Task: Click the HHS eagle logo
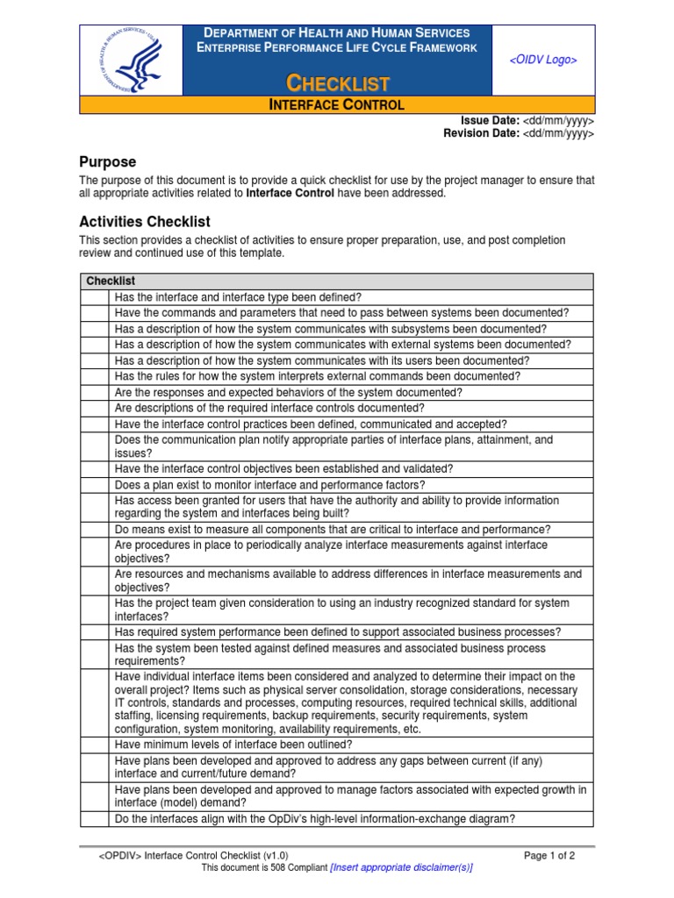[x=131, y=60]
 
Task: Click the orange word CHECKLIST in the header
[x=338, y=83]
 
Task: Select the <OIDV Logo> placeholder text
[x=543, y=60]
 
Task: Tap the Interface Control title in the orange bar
[x=336, y=105]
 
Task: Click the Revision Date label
[x=480, y=133]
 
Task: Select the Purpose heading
[x=108, y=162]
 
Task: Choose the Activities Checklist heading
[x=145, y=222]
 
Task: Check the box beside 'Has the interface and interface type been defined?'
[x=95, y=297]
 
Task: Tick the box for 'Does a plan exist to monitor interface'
[x=95, y=485]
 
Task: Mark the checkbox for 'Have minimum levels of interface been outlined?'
[x=95, y=745]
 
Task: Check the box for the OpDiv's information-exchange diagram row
[x=95, y=819]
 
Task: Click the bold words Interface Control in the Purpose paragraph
[x=290, y=193]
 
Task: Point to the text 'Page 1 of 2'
[x=549, y=855]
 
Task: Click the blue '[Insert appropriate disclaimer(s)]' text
[x=401, y=867]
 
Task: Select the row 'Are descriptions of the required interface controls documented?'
[x=269, y=408]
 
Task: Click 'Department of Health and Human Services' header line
[x=338, y=32]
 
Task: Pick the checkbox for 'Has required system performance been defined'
[x=95, y=632]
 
